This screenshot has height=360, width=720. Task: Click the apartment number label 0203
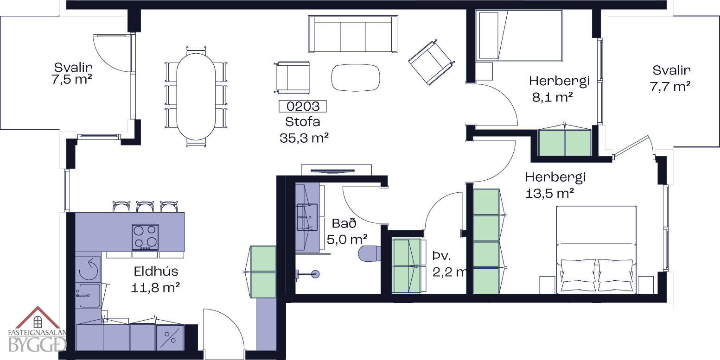click(x=302, y=106)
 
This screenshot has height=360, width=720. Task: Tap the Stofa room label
click(x=302, y=122)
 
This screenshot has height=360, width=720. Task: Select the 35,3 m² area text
click(x=304, y=138)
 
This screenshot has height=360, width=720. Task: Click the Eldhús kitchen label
click(x=156, y=272)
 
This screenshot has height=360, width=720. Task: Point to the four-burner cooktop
click(x=145, y=237)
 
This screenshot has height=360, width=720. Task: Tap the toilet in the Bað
click(x=370, y=254)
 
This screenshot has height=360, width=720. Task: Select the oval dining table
click(x=196, y=96)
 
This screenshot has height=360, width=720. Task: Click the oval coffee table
click(x=356, y=78)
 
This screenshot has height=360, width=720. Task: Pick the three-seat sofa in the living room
click(x=353, y=34)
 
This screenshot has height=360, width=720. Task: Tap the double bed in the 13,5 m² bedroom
click(x=596, y=250)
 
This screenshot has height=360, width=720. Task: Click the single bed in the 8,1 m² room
click(x=519, y=36)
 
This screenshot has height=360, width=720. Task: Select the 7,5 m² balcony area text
click(x=72, y=79)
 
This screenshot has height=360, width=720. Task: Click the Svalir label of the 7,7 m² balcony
click(x=671, y=70)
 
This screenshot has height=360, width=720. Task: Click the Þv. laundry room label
click(x=442, y=256)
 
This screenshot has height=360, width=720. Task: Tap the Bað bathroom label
click(x=344, y=223)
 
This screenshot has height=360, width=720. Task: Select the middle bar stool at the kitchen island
click(x=145, y=207)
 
